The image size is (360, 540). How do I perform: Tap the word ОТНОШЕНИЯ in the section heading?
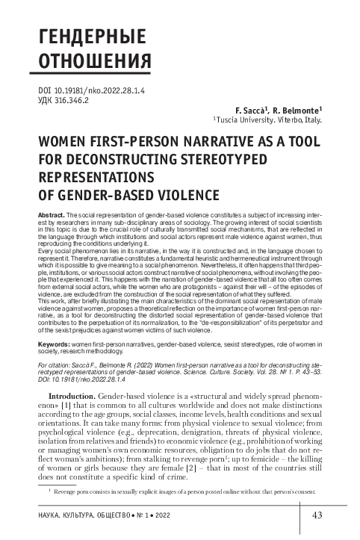tap(78, 60)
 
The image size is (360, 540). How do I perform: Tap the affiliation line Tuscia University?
tap(246, 119)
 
